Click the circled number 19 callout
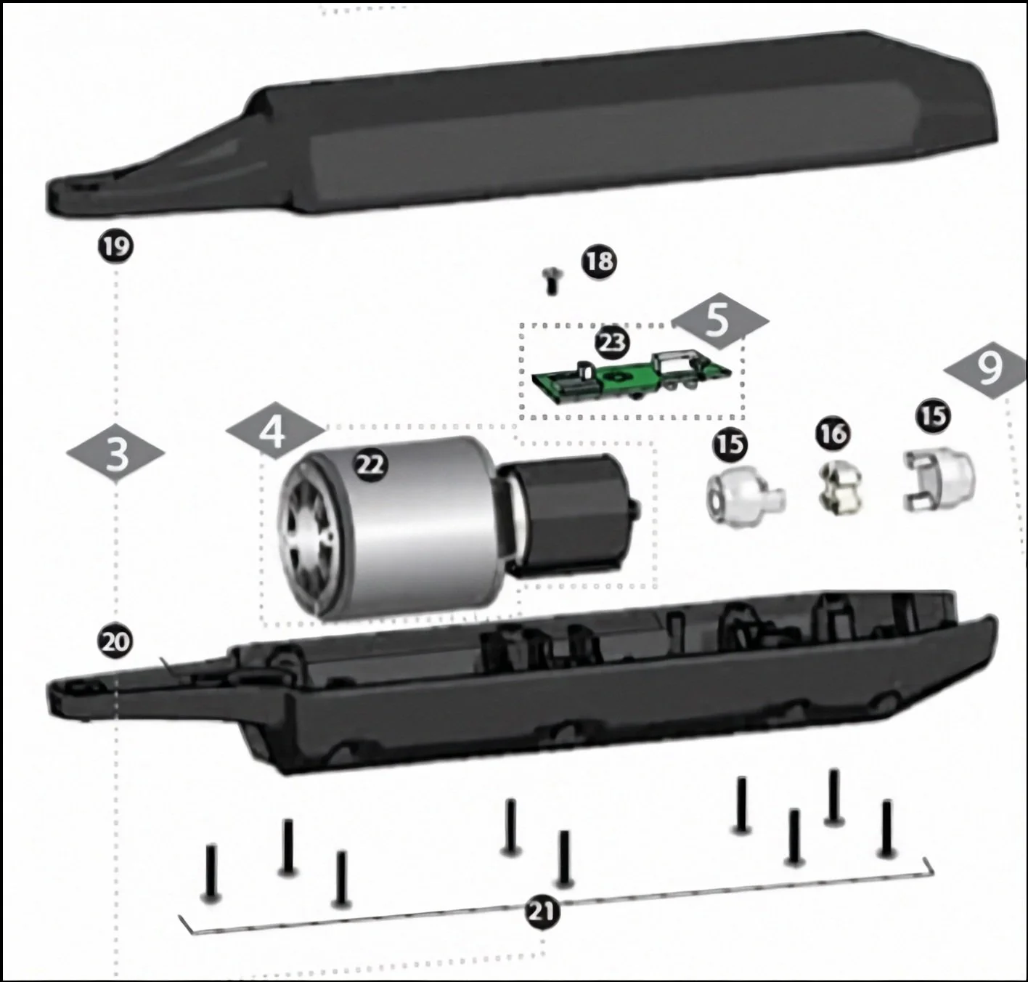tap(115, 246)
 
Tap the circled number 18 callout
tap(599, 261)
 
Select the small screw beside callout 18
tap(551, 280)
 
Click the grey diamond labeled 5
tap(718, 320)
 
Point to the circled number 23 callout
tap(612, 342)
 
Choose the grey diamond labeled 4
tap(274, 434)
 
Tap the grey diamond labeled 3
tap(116, 455)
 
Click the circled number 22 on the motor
tap(370, 465)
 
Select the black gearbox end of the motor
tap(569, 512)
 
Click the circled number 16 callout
tap(833, 434)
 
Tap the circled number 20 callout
tap(115, 642)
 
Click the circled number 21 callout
tap(543, 912)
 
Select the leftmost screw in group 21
tap(211, 872)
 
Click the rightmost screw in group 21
tap(886, 828)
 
